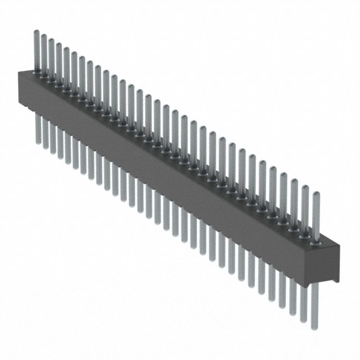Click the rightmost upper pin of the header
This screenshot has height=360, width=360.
click(316, 217)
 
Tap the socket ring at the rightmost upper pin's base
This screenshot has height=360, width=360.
click(316, 243)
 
